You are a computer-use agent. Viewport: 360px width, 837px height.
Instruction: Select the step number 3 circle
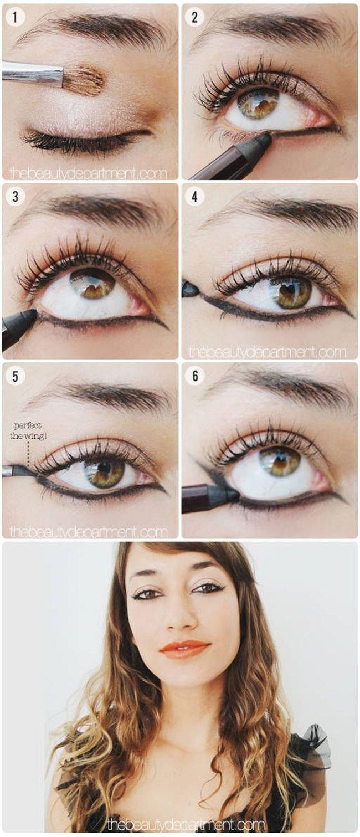point(16,197)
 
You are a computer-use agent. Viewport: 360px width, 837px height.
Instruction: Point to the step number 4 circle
point(194,197)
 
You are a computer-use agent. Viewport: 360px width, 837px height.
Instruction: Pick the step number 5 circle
point(16,376)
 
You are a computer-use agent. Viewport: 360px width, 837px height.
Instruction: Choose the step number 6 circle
point(195,376)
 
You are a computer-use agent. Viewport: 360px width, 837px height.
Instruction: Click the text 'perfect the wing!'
point(28,430)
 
